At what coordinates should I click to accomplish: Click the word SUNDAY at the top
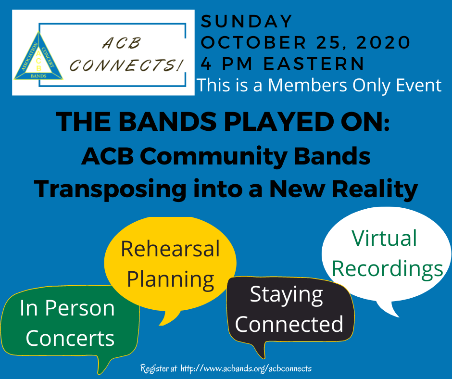coord(247,21)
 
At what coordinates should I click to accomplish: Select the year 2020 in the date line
coord(383,42)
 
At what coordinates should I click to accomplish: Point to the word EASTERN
coord(314,63)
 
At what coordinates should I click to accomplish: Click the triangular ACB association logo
coord(38,56)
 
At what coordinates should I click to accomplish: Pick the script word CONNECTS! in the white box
coord(127,64)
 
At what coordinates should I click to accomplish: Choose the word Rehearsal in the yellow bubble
coord(170,249)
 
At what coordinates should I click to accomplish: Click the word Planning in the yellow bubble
coord(170,280)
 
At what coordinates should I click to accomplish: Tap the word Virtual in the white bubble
coord(385,238)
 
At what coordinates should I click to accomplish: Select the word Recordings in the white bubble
coord(388,269)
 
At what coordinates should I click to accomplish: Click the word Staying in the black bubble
coord(286,295)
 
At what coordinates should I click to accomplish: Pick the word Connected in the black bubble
coord(289,324)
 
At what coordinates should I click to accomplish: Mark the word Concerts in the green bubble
coord(70,338)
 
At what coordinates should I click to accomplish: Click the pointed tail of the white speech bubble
coord(398,316)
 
